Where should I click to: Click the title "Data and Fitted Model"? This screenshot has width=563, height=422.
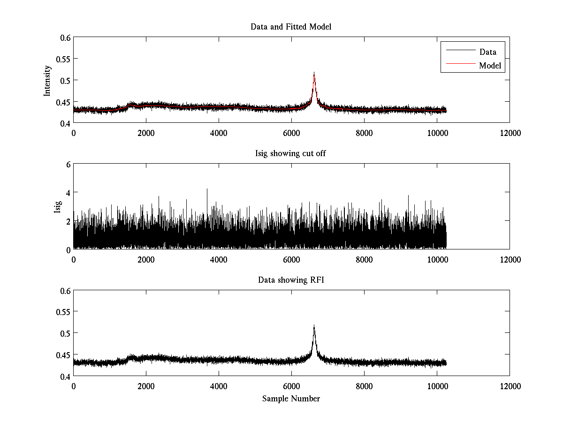point(291,27)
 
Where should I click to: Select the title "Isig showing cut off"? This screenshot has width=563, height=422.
point(291,153)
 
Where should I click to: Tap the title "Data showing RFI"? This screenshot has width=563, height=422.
point(291,280)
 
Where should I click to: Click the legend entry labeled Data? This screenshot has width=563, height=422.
point(487,52)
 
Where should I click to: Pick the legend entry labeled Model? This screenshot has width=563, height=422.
point(490,66)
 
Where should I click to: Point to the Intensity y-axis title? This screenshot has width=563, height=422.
point(47,80)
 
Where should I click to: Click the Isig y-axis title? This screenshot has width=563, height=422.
point(57,207)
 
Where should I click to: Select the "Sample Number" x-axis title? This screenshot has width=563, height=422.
point(291,399)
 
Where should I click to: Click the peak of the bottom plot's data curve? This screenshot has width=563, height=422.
point(314,325)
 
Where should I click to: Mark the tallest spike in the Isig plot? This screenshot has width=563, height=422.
point(207,188)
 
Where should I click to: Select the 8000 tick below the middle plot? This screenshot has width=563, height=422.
point(364,260)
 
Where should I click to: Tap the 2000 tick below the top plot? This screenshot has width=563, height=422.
point(146,133)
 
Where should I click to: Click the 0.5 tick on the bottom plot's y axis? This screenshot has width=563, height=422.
point(65,333)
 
